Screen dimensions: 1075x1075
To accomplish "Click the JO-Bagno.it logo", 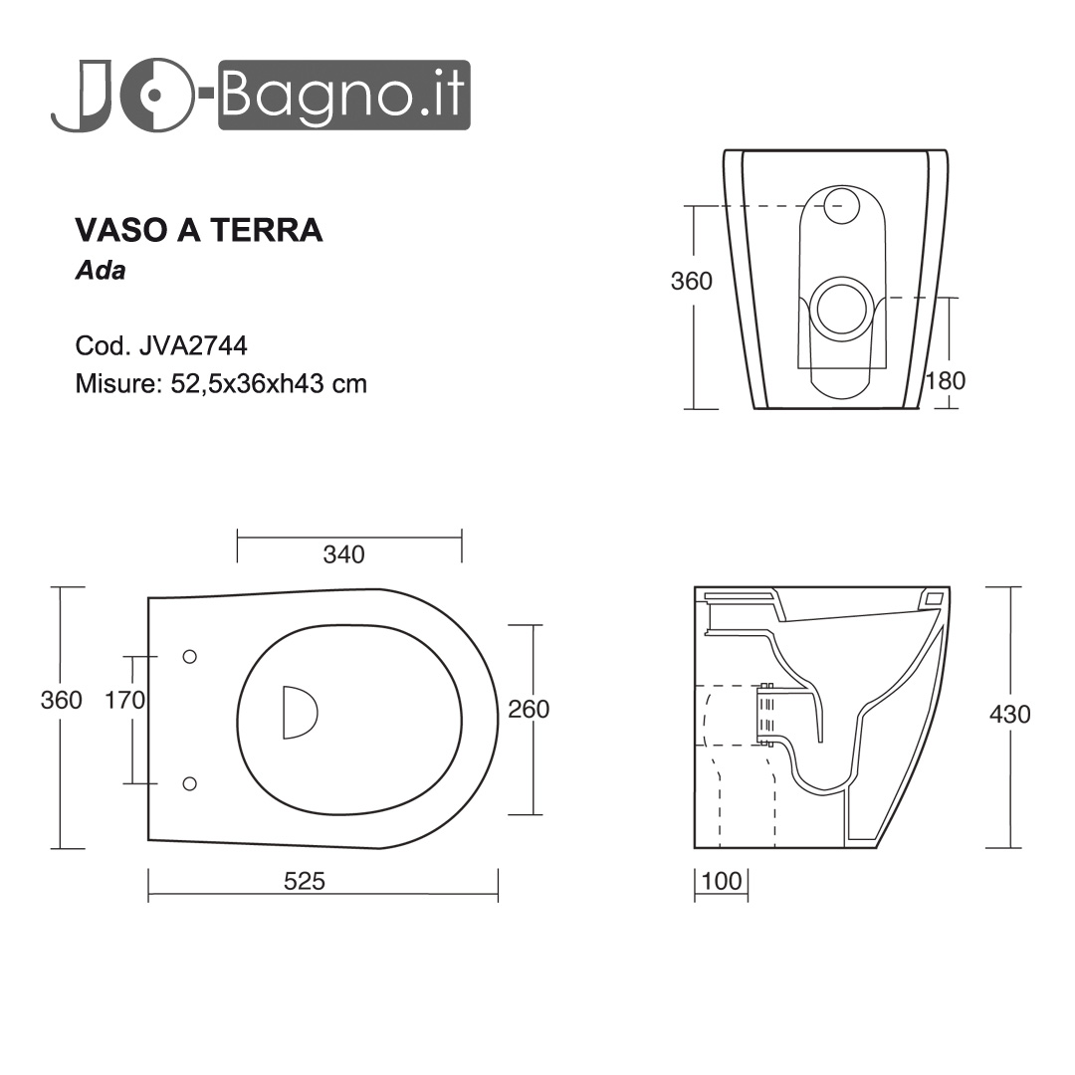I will click(261, 96).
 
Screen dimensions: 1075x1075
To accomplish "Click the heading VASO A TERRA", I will click(199, 230).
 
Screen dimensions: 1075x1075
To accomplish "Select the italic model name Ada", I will click(101, 271).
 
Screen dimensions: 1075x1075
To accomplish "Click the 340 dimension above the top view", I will click(343, 554).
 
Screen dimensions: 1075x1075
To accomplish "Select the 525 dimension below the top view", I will click(305, 881).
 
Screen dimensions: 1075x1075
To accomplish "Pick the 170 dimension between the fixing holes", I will click(125, 700).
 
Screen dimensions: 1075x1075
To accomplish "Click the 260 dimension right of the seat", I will click(529, 709).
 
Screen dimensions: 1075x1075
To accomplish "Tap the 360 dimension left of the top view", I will click(62, 700).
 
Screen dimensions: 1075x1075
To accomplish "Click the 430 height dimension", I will click(1010, 714).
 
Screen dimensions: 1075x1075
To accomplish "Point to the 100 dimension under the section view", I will click(722, 881).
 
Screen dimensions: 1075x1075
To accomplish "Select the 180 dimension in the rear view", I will click(945, 380).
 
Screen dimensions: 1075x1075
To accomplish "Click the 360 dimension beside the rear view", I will click(692, 282).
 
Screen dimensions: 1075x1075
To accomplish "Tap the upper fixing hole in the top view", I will click(190, 656).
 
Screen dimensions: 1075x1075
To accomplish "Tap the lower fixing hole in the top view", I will click(190, 783).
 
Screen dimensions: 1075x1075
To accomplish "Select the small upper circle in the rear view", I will click(842, 205).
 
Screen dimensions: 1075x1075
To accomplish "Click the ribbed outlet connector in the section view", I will click(765, 714).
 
